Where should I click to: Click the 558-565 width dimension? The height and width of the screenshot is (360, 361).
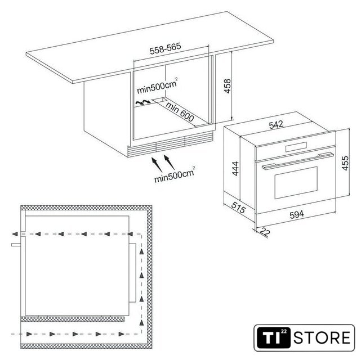(x=166, y=48)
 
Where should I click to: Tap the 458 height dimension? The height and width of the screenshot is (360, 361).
(x=228, y=86)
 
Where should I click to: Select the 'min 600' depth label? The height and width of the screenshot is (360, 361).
(x=180, y=112)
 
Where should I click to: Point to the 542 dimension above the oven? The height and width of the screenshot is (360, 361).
(x=276, y=125)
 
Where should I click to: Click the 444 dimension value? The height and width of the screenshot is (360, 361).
(x=235, y=169)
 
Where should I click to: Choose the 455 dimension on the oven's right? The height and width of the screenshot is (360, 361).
(x=345, y=163)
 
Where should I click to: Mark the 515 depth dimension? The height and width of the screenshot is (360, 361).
(x=239, y=208)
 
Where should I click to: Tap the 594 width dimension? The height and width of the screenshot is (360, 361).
(x=297, y=214)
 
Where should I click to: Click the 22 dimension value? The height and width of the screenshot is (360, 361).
(x=265, y=232)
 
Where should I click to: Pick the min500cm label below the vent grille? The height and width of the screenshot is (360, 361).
(x=175, y=174)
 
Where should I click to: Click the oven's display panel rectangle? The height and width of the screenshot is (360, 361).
(x=296, y=147)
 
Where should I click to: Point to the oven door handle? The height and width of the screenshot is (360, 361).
(x=298, y=161)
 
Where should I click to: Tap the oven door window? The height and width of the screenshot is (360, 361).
(x=296, y=183)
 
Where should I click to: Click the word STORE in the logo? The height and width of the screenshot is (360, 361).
(x=322, y=337)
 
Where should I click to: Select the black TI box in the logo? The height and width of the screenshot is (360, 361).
(x=273, y=337)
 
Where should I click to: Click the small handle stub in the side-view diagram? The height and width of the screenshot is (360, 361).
(x=16, y=245)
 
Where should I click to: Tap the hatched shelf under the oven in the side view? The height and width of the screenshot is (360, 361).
(x=73, y=319)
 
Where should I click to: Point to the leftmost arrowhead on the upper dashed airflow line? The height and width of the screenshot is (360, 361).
(x=15, y=234)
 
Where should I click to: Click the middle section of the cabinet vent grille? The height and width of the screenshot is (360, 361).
(x=171, y=144)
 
